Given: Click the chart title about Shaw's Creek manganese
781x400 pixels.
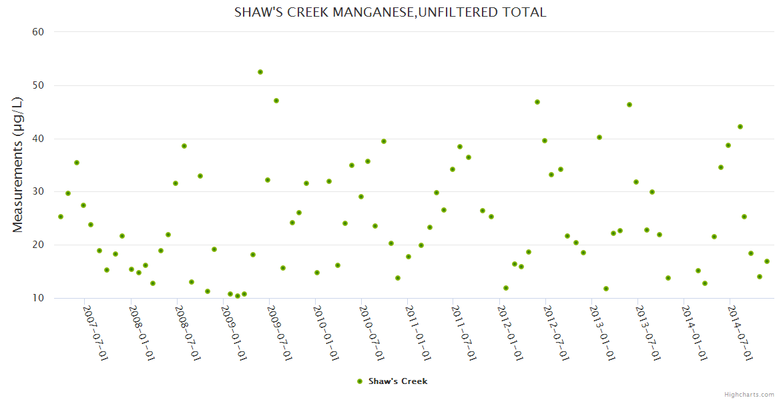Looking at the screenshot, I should tap(390, 12).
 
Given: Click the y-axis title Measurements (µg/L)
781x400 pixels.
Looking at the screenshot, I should tap(18, 165).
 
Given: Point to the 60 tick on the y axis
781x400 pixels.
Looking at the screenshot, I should tap(38, 31).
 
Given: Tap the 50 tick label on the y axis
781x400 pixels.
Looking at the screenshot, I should tap(38, 85).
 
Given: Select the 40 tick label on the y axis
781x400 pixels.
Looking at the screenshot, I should tap(38, 139).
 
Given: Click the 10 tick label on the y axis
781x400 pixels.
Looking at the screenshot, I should tap(38, 298).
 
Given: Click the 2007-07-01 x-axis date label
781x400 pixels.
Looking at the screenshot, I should tap(95, 333).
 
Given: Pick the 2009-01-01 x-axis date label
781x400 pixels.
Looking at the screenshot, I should tap(234, 333).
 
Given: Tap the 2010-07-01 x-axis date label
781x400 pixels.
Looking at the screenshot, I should tap(372, 333).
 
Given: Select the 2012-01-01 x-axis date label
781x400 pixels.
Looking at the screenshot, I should tap(511, 333).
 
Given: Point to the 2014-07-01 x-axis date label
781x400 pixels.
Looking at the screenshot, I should tap(740, 333).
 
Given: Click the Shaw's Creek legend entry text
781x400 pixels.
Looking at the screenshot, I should tap(398, 381).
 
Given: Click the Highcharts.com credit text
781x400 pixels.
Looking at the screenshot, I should tap(750, 394).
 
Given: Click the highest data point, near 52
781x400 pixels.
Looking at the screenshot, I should tap(260, 72).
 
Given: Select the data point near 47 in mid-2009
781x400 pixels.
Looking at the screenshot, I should tap(276, 101).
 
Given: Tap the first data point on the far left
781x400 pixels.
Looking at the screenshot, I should tap(61, 217).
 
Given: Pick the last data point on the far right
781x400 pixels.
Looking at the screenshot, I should tap(767, 261).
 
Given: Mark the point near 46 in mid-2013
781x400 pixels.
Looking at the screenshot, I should tap(629, 105).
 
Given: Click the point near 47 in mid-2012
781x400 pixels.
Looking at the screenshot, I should tap(537, 102).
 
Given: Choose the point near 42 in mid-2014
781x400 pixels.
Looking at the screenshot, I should tap(740, 127).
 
